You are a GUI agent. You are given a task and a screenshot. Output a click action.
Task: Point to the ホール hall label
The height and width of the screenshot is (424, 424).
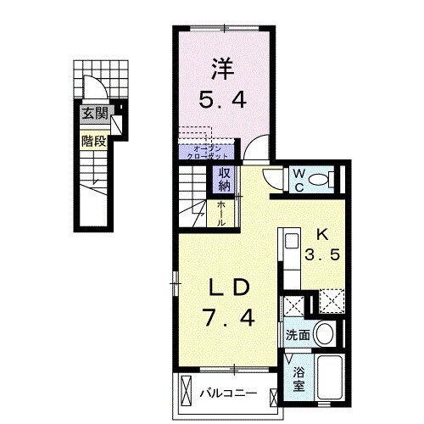[221, 212]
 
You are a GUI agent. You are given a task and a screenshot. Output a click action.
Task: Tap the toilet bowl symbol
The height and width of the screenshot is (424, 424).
[321, 180]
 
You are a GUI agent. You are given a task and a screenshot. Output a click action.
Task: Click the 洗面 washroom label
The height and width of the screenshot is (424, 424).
[296, 334]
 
